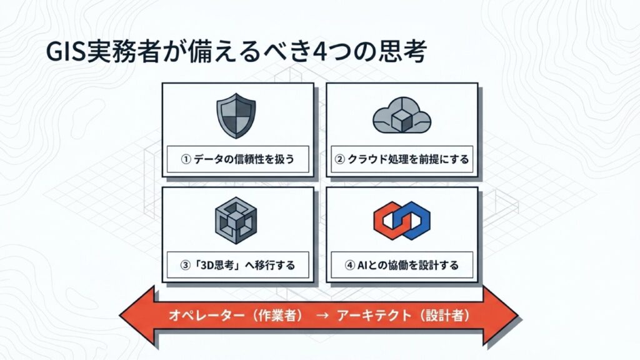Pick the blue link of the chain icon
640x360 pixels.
coord(414,222)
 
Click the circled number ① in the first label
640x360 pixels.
coord(185,159)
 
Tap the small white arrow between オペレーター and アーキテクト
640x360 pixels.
coord(321,316)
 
